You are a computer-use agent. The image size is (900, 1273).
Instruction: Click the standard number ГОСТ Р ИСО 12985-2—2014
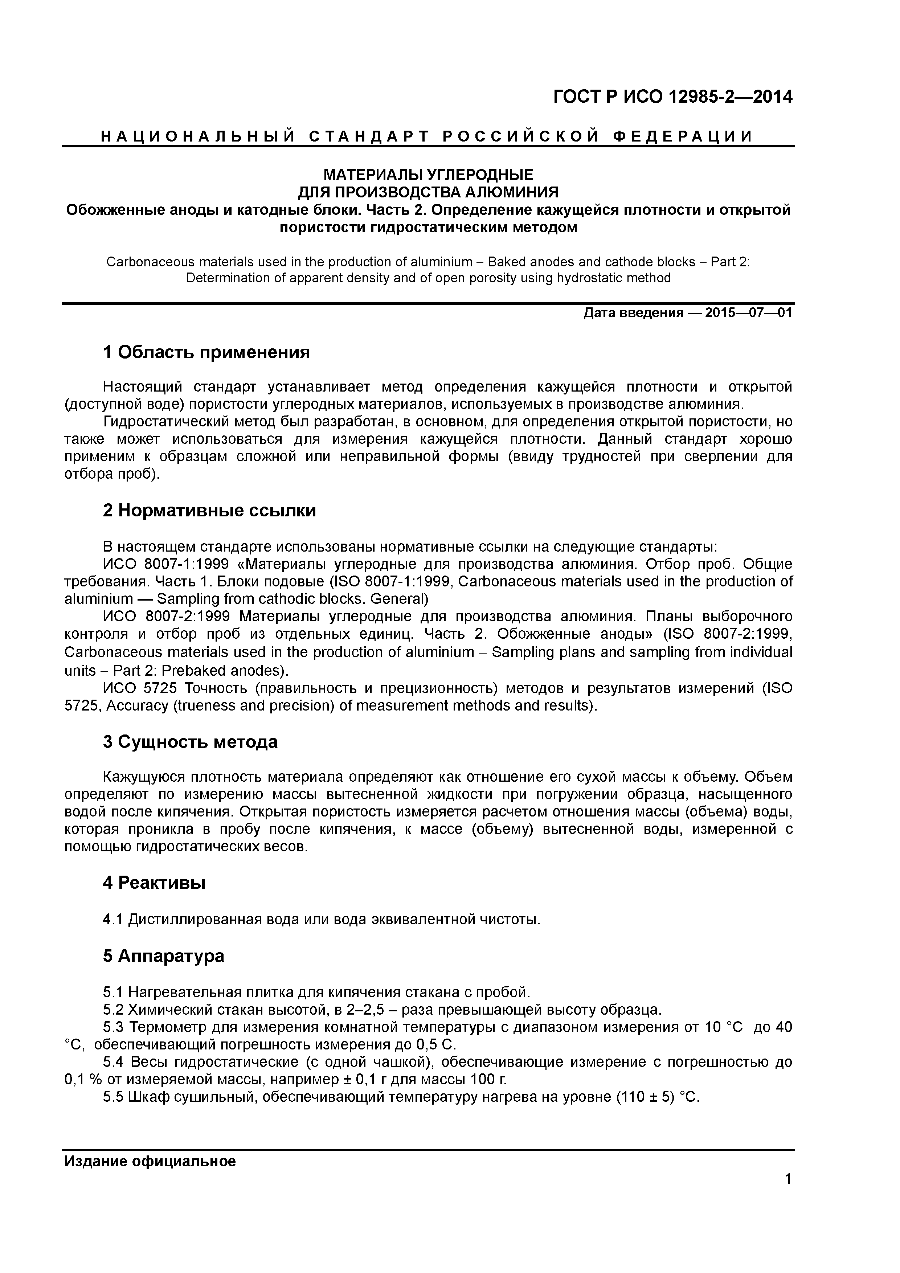pyautogui.click(x=673, y=98)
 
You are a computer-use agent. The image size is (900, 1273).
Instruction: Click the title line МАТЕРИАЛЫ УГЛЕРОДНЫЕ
pyautogui.click(x=428, y=175)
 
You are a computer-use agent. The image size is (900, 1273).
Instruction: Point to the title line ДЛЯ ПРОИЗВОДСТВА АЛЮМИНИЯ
pyautogui.click(x=428, y=192)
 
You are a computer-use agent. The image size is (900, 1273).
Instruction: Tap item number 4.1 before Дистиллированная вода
pyautogui.click(x=113, y=920)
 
